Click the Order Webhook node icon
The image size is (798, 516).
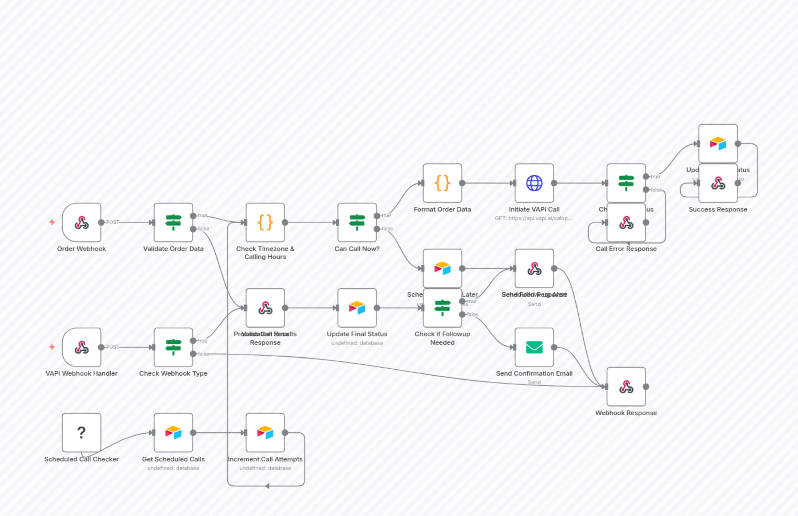click(81, 222)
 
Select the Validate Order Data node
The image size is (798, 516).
click(173, 222)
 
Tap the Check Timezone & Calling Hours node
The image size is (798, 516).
click(265, 222)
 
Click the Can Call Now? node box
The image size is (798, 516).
click(357, 222)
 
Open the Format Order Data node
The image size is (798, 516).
click(442, 183)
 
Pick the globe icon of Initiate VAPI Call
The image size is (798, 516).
click(534, 183)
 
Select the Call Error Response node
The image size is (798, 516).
click(626, 223)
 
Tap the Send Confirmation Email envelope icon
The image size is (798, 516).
click(534, 347)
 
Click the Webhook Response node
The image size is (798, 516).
click(626, 387)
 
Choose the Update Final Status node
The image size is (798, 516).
click(357, 308)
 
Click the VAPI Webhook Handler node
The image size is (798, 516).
click(81, 347)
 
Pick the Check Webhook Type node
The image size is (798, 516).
click(173, 347)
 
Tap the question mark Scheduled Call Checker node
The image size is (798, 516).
click(81, 433)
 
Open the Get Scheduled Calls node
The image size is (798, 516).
click(173, 433)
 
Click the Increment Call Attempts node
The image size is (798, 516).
click(265, 433)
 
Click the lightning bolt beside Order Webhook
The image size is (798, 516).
click(52, 222)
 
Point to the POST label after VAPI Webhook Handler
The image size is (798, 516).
click(113, 347)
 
